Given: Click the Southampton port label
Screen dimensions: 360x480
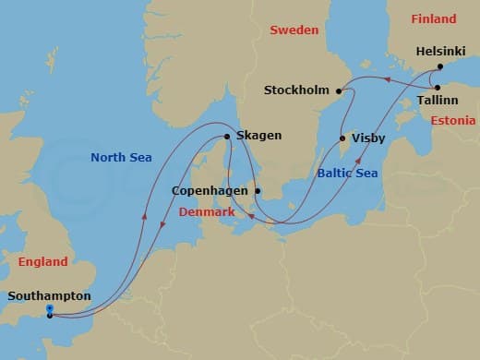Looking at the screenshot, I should click(49, 296).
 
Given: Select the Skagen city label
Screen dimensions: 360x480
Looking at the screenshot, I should click(258, 136).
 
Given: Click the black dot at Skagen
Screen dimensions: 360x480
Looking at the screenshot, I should click(227, 137).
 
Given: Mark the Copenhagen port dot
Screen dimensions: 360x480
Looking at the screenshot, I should click(258, 192).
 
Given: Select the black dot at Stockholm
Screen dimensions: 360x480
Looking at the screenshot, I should click(340, 90).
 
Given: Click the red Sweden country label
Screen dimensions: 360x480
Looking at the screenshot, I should click(294, 30).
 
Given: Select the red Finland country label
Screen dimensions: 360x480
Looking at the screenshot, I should click(434, 19).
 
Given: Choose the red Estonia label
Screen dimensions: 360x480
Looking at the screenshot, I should click(453, 120).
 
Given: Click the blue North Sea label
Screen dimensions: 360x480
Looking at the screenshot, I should click(120, 158).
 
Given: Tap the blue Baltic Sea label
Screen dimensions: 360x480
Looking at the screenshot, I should click(347, 172).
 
